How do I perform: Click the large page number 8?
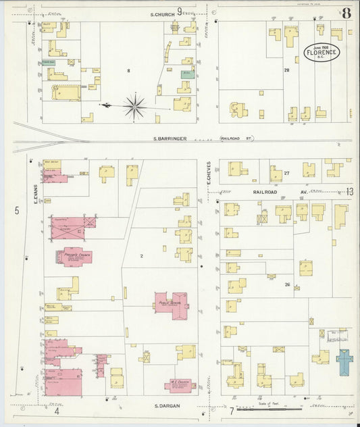[x=346, y=13]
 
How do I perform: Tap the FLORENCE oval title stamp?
[x=322, y=52]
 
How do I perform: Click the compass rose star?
[x=135, y=106]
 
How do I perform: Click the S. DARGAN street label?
[x=165, y=406]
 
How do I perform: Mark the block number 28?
[x=286, y=70]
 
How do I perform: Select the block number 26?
[x=287, y=284]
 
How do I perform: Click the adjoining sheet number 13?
[x=349, y=192]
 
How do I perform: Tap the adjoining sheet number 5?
[x=17, y=211]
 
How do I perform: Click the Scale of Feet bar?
[x=277, y=409]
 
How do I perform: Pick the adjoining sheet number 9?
[x=180, y=11]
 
